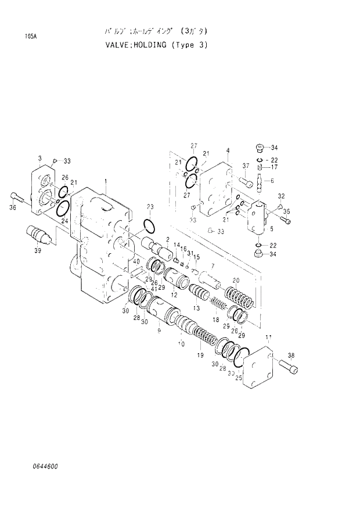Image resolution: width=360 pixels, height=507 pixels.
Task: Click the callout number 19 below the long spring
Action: (x=200, y=355)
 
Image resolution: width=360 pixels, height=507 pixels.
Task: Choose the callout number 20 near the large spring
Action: (x=236, y=281)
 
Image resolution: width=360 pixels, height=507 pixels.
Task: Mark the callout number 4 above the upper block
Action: (x=228, y=150)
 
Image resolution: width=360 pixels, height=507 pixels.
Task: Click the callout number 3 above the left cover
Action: (x=39, y=158)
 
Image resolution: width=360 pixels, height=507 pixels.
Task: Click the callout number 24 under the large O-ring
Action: (x=64, y=221)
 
